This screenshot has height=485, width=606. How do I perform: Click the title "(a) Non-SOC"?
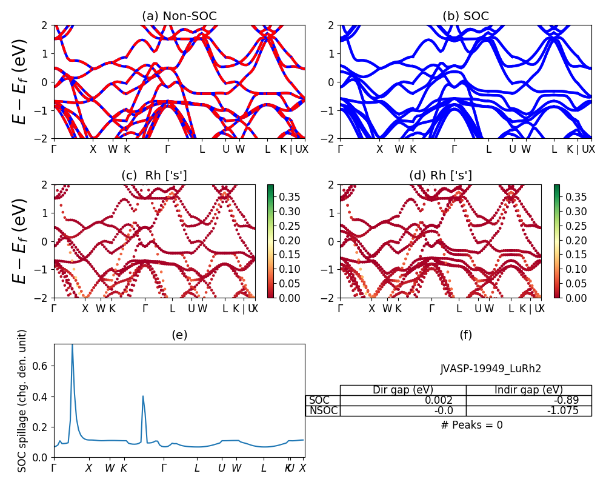179,16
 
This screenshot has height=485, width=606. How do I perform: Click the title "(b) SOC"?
465,16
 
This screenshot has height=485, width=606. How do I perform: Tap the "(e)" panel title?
179,335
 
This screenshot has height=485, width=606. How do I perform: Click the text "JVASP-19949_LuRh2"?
490,368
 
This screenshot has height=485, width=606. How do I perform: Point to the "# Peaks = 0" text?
471,425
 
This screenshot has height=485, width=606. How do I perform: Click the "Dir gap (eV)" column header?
403,390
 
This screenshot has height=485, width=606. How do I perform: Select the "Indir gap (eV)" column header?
528,390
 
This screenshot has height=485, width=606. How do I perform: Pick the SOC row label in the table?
319,400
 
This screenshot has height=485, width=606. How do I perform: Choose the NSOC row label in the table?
323,410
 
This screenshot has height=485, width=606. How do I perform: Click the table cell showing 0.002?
403,400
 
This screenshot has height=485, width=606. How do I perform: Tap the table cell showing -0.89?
528,400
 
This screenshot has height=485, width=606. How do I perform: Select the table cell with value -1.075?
528,410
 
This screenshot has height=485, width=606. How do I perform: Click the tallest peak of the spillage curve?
72,346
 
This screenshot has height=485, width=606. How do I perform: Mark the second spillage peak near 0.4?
143,396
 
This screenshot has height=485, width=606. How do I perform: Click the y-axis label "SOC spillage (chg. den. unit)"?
22,401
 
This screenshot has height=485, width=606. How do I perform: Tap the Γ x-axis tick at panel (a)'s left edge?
55,149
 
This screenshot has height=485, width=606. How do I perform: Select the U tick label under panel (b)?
512,149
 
